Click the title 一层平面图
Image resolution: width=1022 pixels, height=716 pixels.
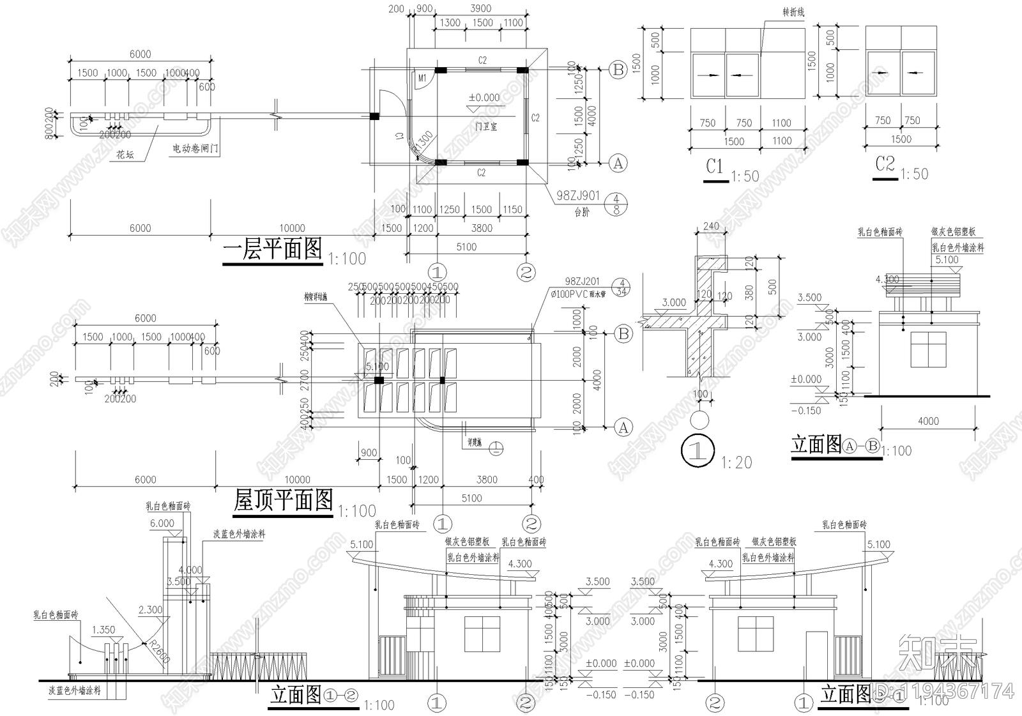tap(272, 249)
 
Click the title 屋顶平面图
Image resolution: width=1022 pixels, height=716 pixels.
tap(283, 500)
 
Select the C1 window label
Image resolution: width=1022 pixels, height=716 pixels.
tap(715, 167)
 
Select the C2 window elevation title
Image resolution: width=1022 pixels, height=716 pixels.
tap(885, 165)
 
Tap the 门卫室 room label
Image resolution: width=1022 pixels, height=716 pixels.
tap(486, 127)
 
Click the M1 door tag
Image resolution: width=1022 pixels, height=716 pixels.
tap(422, 78)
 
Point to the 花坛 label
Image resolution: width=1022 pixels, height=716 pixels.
tap(125, 155)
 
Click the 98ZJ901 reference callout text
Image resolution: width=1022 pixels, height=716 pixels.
tap(577, 196)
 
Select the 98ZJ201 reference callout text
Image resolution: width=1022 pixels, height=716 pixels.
tap(582, 281)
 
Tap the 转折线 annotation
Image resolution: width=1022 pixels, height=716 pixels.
tap(793, 12)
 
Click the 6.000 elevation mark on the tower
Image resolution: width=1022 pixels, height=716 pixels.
tap(162, 523)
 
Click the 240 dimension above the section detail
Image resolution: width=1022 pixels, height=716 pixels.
tap(710, 225)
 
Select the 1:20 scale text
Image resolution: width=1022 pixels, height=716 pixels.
tap(736, 462)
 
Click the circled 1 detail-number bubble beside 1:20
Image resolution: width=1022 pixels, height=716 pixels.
tap(698, 451)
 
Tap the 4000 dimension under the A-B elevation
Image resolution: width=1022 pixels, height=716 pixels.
tap(928, 421)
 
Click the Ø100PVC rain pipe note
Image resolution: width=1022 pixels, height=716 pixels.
tap(580, 294)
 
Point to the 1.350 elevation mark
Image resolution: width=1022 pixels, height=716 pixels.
tap(103, 630)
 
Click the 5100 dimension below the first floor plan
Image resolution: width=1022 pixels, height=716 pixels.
tap(466, 247)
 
